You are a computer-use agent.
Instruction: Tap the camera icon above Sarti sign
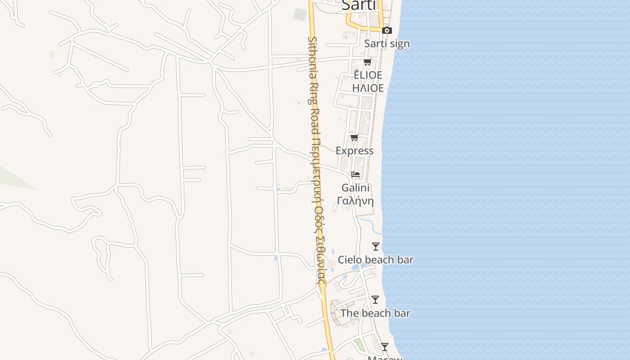[387, 31]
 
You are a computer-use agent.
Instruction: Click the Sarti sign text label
[387, 44]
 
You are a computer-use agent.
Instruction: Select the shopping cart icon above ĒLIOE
[368, 62]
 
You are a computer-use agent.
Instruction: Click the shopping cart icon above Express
[354, 138]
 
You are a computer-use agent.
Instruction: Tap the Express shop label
[355, 151]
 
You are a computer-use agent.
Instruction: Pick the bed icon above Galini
[355, 175]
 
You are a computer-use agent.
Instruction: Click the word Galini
[355, 188]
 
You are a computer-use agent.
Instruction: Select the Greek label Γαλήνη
[355, 201]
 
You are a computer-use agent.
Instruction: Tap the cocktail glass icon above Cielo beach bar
[376, 247]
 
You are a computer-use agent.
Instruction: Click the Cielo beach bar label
[376, 260]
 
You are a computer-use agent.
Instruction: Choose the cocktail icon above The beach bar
[375, 300]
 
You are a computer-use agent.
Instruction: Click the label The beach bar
[375, 313]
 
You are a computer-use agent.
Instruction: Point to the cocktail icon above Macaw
[385, 347]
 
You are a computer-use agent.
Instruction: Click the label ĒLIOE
[368, 75]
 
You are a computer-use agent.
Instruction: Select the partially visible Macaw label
[385, 358]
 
